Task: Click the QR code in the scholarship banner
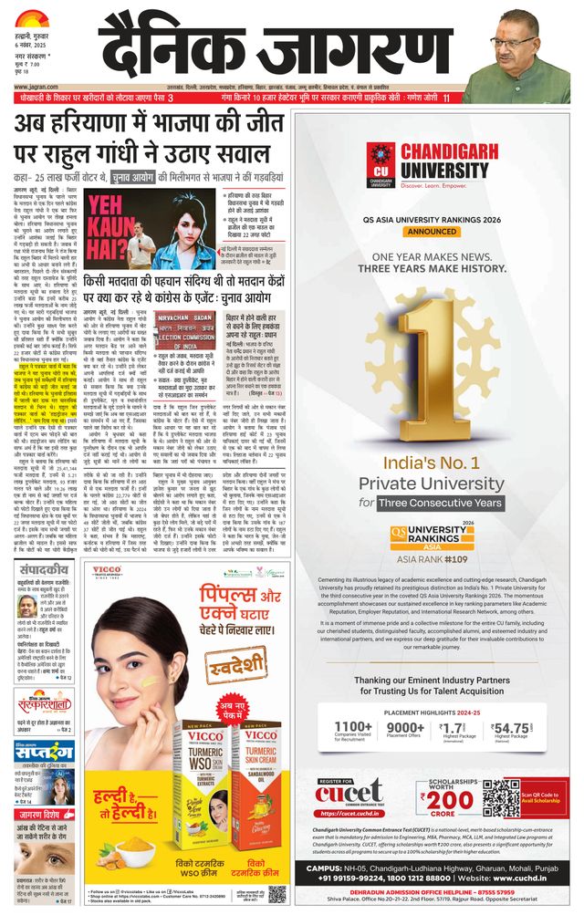click(x=500, y=797)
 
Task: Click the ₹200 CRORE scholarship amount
click(x=443, y=801)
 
